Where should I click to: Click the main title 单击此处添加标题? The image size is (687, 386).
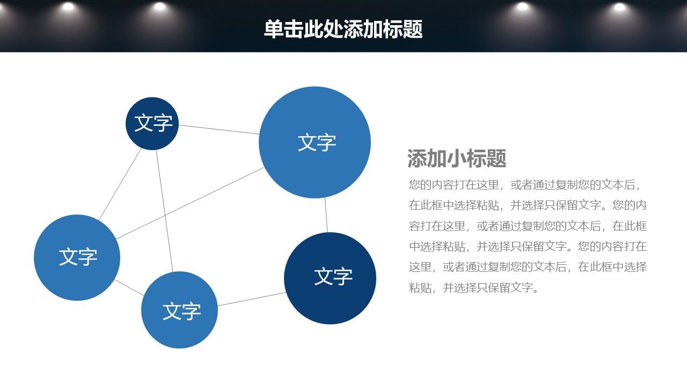(343, 29)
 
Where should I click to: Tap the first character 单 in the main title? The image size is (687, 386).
(274, 29)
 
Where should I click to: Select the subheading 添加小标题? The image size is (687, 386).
(457, 158)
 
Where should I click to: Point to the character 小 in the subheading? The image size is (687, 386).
(457, 158)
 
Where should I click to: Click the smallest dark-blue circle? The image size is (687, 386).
(152, 123)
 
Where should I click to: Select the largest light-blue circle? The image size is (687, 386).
(315, 142)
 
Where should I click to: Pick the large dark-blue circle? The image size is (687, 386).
(330, 278)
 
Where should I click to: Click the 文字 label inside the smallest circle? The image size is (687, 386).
(154, 123)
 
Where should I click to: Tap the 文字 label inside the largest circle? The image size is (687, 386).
(317, 143)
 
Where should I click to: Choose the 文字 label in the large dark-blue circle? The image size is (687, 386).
(333, 276)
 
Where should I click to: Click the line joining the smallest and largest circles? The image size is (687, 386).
(218, 130)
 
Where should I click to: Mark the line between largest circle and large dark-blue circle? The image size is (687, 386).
(326, 215)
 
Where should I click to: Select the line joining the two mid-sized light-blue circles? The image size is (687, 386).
(129, 288)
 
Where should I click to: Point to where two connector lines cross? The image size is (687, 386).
(165, 216)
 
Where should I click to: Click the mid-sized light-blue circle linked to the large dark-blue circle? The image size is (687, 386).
(179, 310)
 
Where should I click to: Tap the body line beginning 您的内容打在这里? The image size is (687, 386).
(524, 185)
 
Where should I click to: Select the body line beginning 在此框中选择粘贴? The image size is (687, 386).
(528, 205)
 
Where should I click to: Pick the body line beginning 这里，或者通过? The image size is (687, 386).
(528, 267)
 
